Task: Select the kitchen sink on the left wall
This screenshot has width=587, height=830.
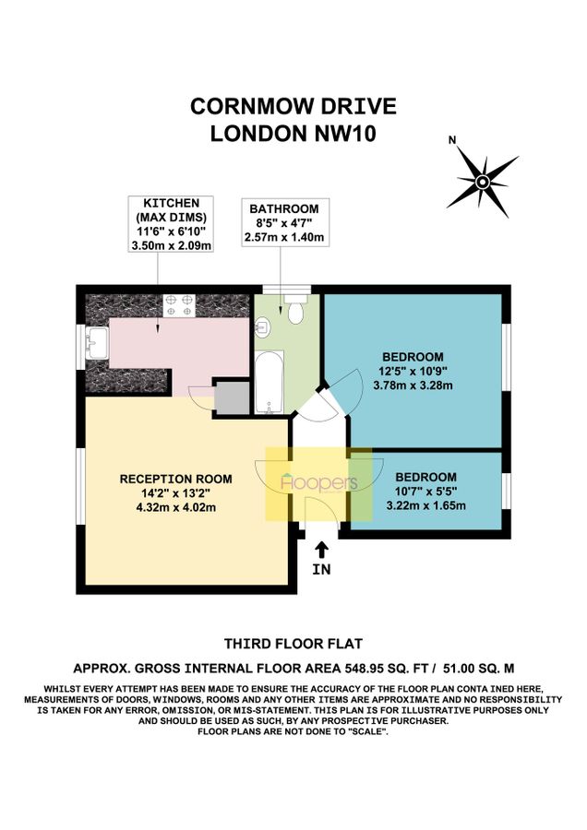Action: click(95, 346)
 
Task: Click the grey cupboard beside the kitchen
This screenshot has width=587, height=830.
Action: click(232, 397)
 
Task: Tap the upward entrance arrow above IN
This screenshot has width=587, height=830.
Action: click(321, 551)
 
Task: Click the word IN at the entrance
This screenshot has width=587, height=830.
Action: click(321, 570)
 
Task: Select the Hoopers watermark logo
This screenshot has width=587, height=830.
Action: click(318, 483)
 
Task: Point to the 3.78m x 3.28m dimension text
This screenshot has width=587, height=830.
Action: click(413, 385)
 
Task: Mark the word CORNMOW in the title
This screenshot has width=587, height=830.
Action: click(247, 106)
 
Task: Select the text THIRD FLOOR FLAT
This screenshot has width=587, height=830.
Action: click(293, 644)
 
